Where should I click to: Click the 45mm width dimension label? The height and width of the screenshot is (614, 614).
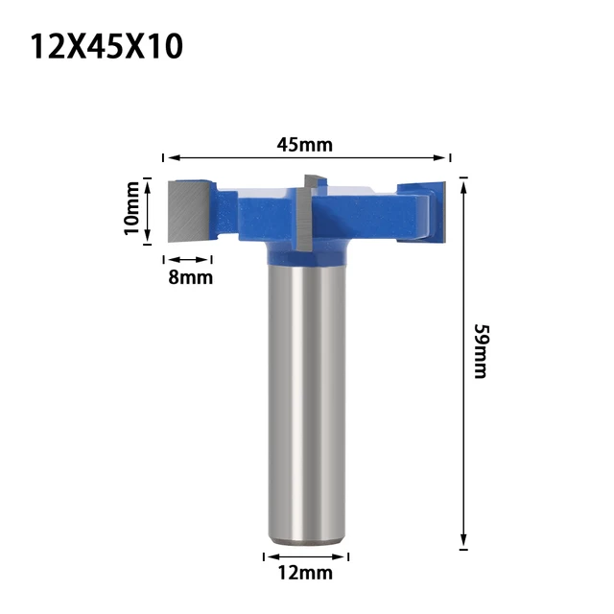click(x=304, y=145)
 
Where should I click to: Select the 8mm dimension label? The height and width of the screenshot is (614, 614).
click(x=189, y=277)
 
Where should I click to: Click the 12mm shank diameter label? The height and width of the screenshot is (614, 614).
click(x=305, y=573)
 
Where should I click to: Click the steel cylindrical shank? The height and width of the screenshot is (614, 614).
click(x=305, y=403)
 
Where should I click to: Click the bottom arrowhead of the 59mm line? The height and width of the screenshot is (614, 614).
click(x=463, y=543)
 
